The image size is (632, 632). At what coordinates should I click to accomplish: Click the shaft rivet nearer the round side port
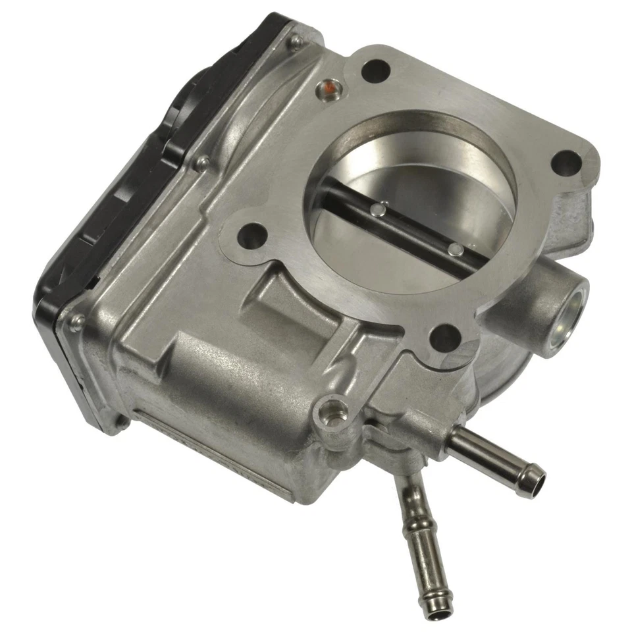pos(454,249)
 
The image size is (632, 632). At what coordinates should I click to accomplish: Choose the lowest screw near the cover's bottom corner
pos(77,321)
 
